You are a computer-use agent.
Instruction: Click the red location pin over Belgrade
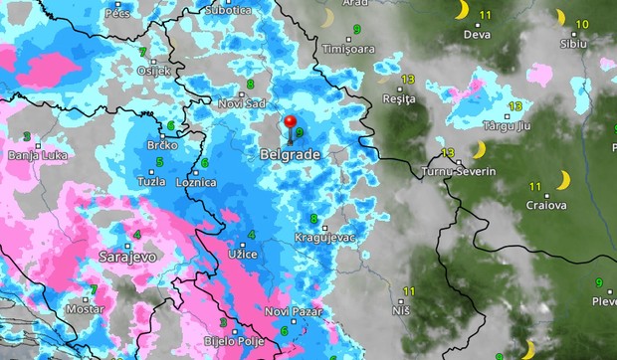(292, 124)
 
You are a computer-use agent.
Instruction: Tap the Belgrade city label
(288, 156)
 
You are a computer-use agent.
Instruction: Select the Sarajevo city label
(126, 257)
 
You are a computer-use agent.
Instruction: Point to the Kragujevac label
(325, 238)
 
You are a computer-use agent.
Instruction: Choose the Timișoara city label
(347, 47)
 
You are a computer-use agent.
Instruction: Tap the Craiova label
(546, 205)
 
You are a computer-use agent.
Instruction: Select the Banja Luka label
(35, 155)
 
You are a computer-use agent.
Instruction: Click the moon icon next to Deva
(461, 9)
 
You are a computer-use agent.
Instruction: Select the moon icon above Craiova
(563, 180)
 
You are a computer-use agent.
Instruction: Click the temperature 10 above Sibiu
(582, 24)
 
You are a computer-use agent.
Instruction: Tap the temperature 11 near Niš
(408, 290)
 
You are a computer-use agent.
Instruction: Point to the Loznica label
(196, 183)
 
